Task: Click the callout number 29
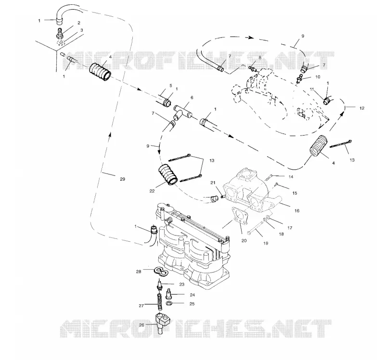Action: (122, 179)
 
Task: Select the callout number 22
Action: (152, 191)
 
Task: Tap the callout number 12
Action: (362, 108)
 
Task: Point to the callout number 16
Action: (297, 211)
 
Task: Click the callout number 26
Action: (141, 325)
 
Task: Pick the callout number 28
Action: (139, 272)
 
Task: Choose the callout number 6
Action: (192, 98)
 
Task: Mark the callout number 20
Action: (244, 241)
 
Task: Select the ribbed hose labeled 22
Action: (167, 175)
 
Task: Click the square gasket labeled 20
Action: (240, 216)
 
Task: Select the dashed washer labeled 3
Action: (61, 44)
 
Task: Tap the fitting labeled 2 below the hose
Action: (60, 34)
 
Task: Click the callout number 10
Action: (318, 77)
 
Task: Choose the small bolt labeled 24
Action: (169, 294)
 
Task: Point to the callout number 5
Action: (171, 86)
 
